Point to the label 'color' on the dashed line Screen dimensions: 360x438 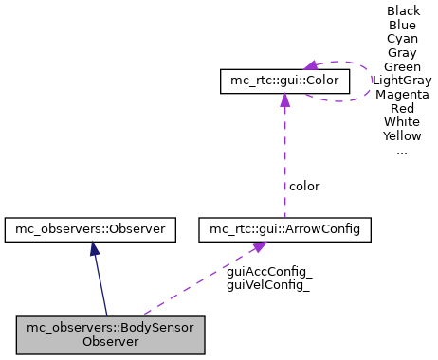coord(304,186)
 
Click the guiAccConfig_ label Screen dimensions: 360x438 coord(270,271)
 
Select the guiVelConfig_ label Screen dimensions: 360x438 coord(270,283)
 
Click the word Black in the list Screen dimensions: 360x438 coord(403,11)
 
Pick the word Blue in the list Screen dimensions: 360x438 coord(403,26)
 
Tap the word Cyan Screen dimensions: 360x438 coord(403,39)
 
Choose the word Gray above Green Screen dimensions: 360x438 coord(403,53)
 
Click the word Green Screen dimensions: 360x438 coord(403,66)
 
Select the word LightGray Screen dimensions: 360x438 coord(403,81)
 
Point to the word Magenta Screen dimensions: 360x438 coord(403,95)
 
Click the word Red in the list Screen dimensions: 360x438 coord(403,108)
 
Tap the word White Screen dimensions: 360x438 coord(403,122)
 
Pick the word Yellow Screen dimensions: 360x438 coord(403,135)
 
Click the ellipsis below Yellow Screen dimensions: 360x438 coord(403,150)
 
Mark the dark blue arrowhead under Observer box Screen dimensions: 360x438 coord(93,247)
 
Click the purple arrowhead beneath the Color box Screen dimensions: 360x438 coord(283,100)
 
